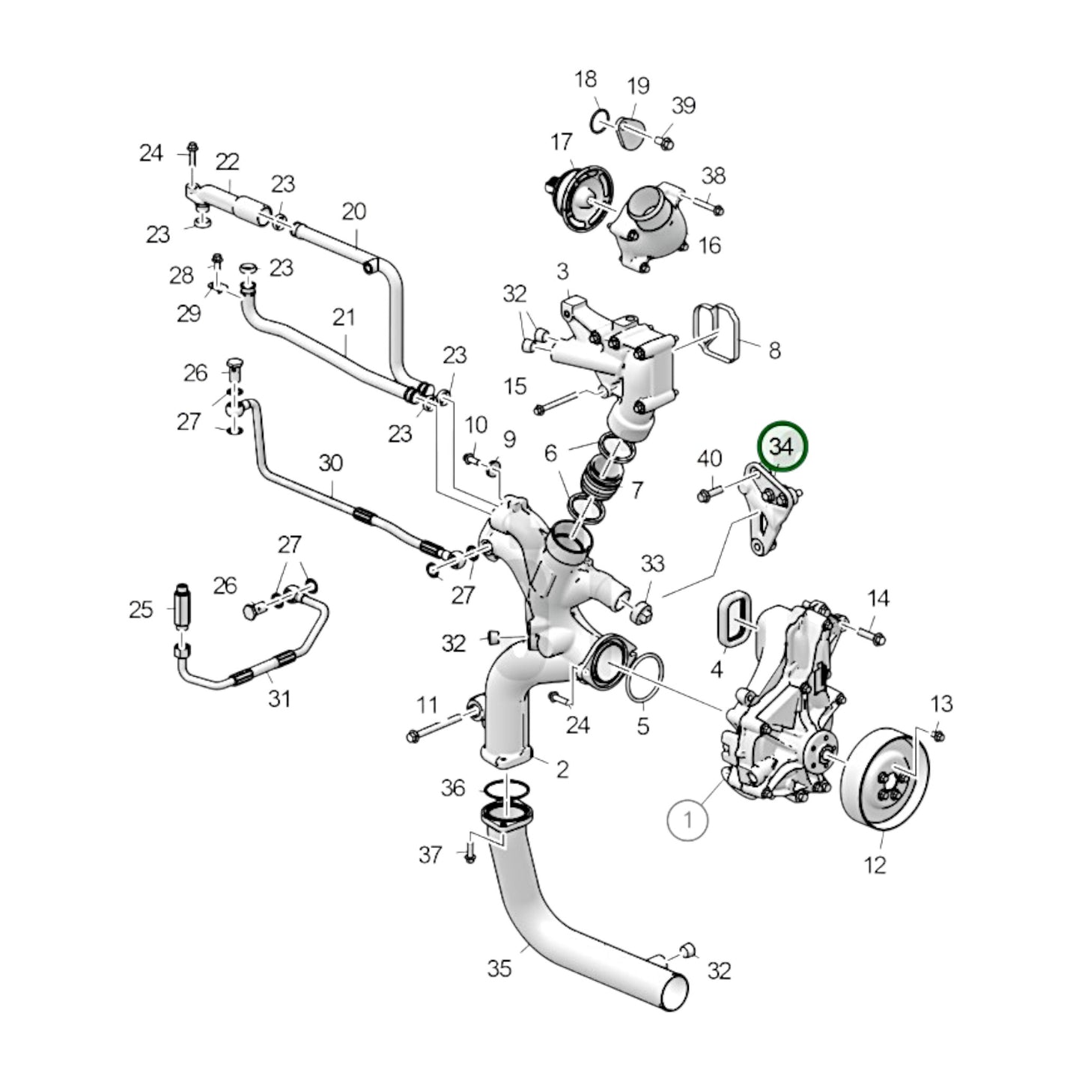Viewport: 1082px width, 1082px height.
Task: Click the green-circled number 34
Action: pos(782,447)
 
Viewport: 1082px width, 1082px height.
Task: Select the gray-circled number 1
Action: pos(687,820)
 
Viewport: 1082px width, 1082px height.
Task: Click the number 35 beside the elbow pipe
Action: pos(499,968)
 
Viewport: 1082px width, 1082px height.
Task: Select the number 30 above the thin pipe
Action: pos(330,463)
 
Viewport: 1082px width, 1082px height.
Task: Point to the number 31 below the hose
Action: pos(279,699)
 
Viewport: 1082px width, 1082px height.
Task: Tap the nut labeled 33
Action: pos(643,610)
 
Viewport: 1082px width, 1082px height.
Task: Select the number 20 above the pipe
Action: pos(354,212)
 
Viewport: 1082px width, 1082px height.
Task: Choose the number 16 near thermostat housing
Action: pos(708,245)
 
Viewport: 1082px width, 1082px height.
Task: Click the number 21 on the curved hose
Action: pos(344,317)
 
